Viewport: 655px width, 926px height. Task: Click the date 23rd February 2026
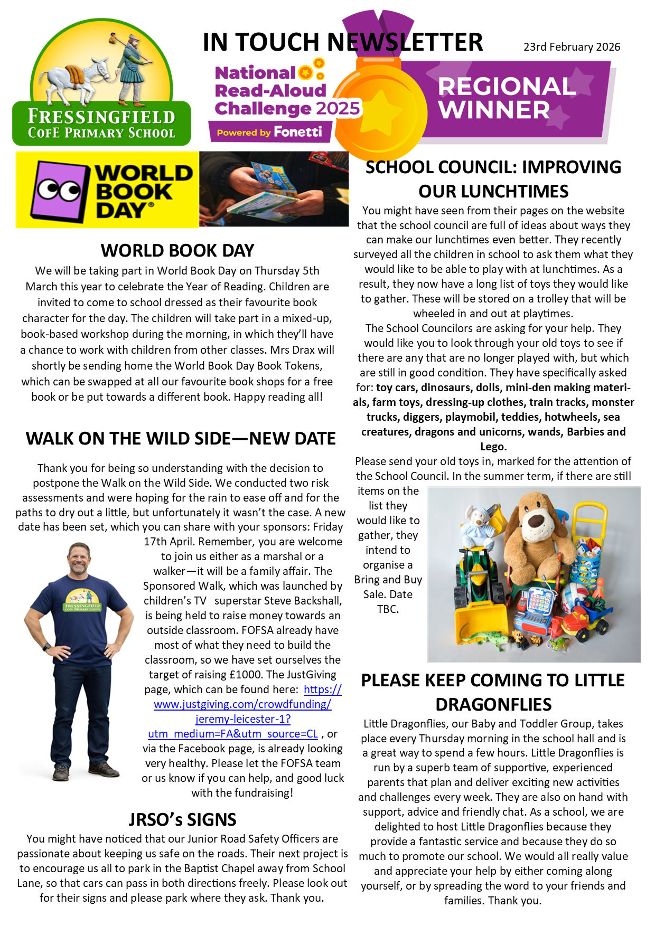(572, 47)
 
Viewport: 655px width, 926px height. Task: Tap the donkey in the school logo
(79, 77)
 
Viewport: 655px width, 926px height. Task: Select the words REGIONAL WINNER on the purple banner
(506, 98)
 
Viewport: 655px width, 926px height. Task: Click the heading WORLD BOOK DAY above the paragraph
(177, 250)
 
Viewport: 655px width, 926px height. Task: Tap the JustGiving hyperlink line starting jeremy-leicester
(242, 719)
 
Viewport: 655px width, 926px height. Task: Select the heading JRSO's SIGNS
(182, 819)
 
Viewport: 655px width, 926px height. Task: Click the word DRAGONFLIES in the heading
(493, 704)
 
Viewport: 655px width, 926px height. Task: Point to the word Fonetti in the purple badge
(298, 132)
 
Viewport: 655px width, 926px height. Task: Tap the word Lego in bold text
(492, 447)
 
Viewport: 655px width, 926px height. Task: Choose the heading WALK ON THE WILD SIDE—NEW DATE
(181, 439)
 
